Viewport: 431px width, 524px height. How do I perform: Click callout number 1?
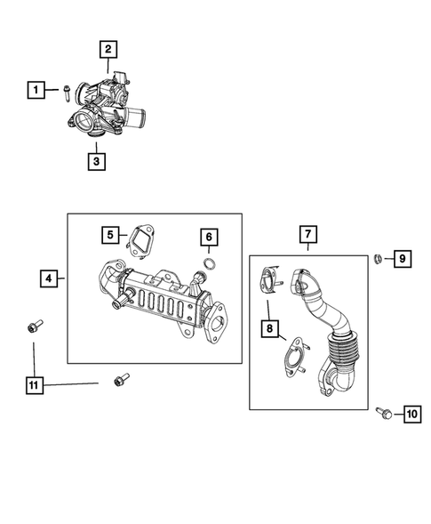(36, 90)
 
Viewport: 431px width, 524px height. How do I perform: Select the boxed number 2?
(108, 50)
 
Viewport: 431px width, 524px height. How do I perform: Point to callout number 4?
(51, 278)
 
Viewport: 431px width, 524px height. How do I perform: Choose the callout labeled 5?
(110, 235)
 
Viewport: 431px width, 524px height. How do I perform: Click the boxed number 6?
(207, 237)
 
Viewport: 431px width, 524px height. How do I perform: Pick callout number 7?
(307, 235)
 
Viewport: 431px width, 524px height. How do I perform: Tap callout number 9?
(402, 259)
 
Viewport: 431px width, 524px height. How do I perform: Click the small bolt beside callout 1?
(66, 89)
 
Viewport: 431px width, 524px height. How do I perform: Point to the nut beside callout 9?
(378, 259)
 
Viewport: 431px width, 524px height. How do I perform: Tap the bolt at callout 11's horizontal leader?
(120, 382)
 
